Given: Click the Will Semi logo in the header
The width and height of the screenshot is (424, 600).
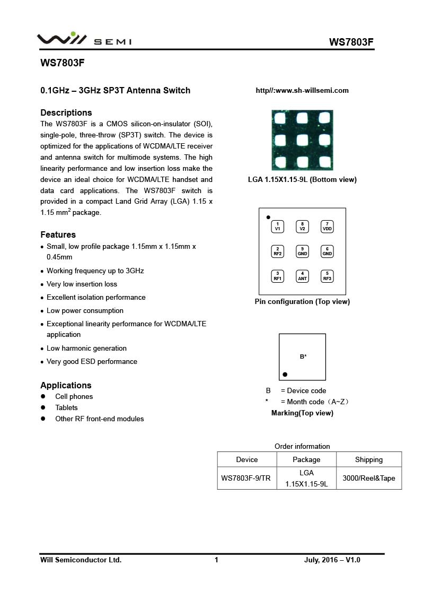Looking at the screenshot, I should [84, 39].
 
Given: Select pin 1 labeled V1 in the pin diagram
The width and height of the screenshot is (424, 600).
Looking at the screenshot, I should [277, 227].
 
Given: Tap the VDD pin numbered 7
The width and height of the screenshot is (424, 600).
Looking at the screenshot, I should [327, 227].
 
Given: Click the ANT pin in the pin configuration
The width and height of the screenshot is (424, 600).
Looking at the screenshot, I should [302, 276].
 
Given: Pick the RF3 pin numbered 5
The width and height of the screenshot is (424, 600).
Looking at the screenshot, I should [327, 276].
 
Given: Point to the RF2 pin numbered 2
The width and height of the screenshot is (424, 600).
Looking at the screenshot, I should [277, 251].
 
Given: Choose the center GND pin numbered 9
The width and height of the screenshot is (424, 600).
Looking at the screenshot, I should [302, 251].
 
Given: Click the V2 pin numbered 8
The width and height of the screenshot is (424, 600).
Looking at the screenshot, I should [302, 227].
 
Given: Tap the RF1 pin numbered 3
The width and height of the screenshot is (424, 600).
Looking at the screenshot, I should [277, 276].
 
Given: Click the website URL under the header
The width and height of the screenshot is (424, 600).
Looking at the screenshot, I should [302, 90].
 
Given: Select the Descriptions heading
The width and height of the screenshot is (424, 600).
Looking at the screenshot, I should [66, 112].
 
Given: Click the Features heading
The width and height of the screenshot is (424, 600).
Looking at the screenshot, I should [58, 234].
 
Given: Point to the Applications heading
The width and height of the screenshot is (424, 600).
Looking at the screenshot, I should [66, 385].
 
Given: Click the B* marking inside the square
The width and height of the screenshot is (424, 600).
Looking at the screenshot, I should [303, 356].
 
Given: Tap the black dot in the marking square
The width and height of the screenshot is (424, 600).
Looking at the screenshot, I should [285, 375].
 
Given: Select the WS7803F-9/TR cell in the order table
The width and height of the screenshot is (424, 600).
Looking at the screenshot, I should [246, 478].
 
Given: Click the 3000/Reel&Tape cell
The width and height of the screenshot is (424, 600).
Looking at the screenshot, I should [369, 478].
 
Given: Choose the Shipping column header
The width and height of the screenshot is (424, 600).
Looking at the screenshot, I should [369, 459].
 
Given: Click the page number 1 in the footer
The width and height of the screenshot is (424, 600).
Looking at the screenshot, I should [216, 560].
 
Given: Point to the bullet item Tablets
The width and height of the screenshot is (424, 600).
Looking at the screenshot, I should [66, 407].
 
